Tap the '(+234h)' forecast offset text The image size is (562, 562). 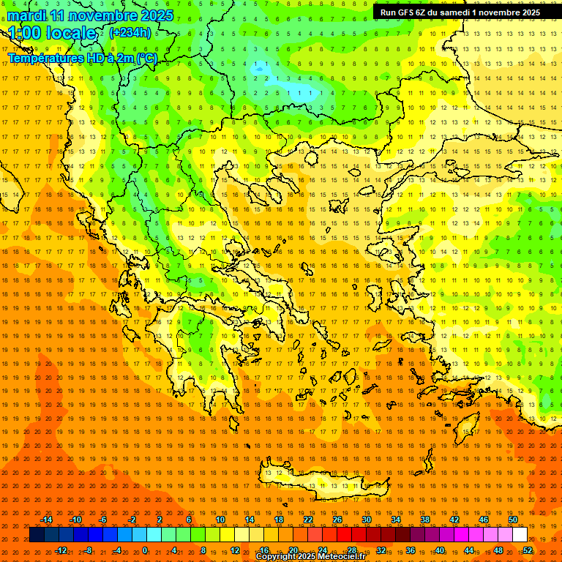130,32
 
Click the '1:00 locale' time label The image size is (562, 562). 53,33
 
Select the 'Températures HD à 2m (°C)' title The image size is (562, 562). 82,58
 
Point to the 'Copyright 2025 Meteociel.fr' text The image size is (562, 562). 310,557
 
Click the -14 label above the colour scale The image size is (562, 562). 46,520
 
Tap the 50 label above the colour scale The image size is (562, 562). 513,520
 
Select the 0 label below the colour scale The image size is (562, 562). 145,550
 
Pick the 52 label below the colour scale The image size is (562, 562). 528,550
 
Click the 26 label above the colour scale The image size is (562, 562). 337,520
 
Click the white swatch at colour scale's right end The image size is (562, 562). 520,535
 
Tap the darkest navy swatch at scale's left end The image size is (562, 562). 37,535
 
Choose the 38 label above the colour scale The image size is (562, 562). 425,520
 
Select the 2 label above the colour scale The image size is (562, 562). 160,520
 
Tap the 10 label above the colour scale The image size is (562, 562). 220,520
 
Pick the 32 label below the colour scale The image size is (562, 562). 381,550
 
